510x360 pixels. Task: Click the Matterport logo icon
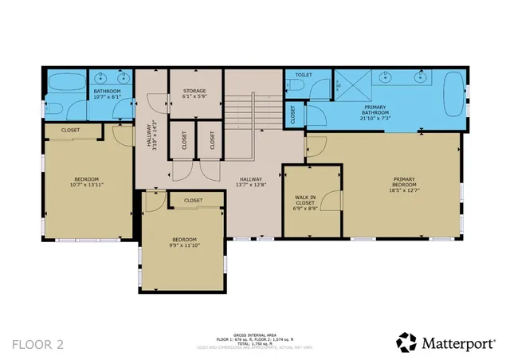tap(406, 342)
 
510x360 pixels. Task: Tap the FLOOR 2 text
tap(37, 344)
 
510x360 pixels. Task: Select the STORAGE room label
tap(194, 94)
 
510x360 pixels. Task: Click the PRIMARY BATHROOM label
tap(376, 110)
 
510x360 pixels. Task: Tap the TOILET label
tap(303, 74)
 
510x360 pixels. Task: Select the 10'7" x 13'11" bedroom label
tap(86, 182)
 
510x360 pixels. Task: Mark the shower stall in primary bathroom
tap(350, 85)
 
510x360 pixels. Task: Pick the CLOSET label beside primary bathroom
tap(292, 115)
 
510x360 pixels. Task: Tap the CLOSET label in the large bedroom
tap(70, 130)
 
